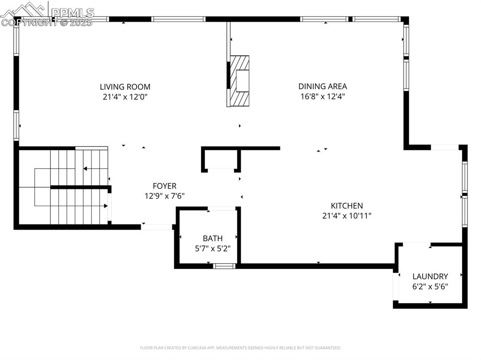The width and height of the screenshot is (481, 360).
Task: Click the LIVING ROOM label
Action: (x=125, y=87)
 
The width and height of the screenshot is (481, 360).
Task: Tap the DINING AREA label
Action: (x=323, y=86)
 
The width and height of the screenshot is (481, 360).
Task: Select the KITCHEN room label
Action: (x=347, y=206)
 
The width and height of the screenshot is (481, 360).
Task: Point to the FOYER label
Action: (x=165, y=186)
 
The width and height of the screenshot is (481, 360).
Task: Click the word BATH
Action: (x=213, y=238)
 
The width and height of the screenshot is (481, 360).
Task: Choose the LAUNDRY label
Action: (x=430, y=276)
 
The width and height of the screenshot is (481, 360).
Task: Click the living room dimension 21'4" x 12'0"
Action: (x=125, y=97)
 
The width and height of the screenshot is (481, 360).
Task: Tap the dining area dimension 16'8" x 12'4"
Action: (x=323, y=97)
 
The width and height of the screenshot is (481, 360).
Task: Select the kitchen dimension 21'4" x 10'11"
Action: (x=347, y=216)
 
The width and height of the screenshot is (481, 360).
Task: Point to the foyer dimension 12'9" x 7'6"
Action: (x=165, y=196)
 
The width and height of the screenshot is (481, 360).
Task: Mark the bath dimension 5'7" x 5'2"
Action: (x=213, y=248)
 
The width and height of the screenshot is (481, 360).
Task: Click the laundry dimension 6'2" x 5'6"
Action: (x=430, y=287)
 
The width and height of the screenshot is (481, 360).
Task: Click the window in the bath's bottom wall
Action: (x=224, y=266)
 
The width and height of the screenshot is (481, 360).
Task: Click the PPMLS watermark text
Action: (x=72, y=13)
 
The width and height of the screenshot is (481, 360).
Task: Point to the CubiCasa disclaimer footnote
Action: (x=240, y=348)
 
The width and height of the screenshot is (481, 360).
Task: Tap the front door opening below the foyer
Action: (x=157, y=227)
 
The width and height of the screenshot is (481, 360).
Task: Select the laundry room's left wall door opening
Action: (x=396, y=286)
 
